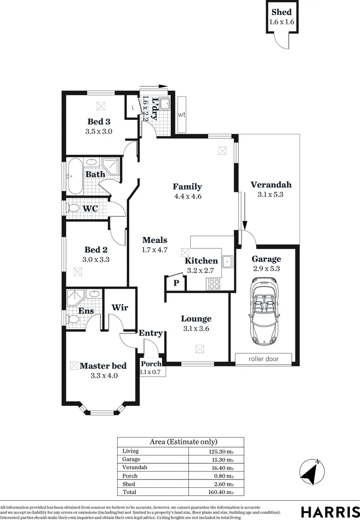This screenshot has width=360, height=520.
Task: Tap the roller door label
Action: click(263, 359)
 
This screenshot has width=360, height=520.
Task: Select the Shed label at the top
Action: click(281, 13)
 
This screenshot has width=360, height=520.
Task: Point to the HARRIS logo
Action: click(330, 511)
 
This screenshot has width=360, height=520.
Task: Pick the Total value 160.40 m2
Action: click(223, 493)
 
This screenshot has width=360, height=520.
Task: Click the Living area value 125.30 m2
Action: click(223, 452)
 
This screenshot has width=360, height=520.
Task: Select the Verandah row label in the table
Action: click(134, 468)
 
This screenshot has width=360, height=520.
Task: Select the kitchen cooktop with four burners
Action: click(213, 285)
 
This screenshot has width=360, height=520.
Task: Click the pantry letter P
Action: click(176, 283)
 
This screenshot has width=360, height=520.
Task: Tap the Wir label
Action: click(120, 308)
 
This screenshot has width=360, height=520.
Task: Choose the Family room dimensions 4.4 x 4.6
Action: click(187, 196)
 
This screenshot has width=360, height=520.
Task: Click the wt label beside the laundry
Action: click(182, 115)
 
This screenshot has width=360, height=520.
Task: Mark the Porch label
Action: click(149, 364)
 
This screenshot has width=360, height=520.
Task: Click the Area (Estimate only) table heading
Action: click(181, 442)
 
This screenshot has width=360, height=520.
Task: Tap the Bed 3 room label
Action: click(98, 121)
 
